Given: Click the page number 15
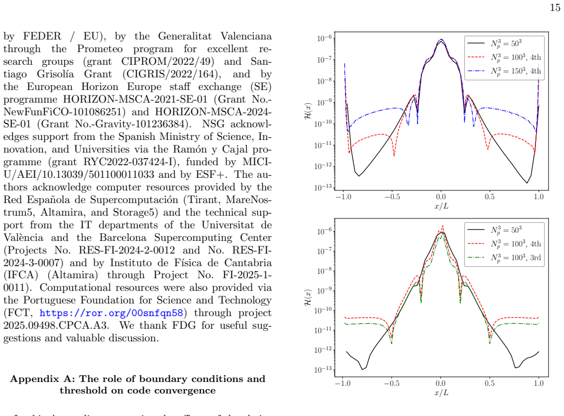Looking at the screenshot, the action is [x=555, y=7].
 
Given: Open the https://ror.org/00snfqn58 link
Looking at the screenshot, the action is [x=111, y=313].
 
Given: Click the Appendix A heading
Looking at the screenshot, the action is [x=138, y=384].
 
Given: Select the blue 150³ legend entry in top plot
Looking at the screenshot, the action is [x=504, y=71].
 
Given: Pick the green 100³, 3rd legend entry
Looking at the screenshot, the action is [x=504, y=257].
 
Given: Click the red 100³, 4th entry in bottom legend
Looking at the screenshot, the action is [x=504, y=244].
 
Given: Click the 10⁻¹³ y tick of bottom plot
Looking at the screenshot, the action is [x=323, y=369].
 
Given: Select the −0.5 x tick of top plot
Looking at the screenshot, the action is [x=392, y=197].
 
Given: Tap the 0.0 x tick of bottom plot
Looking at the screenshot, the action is [x=441, y=383].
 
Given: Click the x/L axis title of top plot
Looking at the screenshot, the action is [x=441, y=206].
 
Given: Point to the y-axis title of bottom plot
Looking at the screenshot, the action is [x=308, y=297].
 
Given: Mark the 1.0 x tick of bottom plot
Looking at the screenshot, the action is [x=539, y=383].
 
